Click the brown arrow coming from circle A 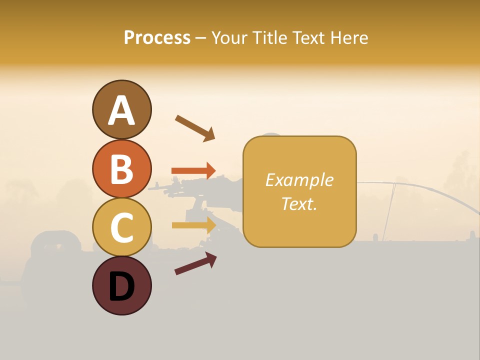tap(195, 127)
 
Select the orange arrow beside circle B tap(193, 170)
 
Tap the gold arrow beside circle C tap(193, 225)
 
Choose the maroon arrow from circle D tap(195, 263)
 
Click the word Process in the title tap(157, 37)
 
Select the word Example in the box tap(299, 180)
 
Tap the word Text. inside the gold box tap(299, 203)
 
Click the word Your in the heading tap(230, 37)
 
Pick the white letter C tap(122, 228)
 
